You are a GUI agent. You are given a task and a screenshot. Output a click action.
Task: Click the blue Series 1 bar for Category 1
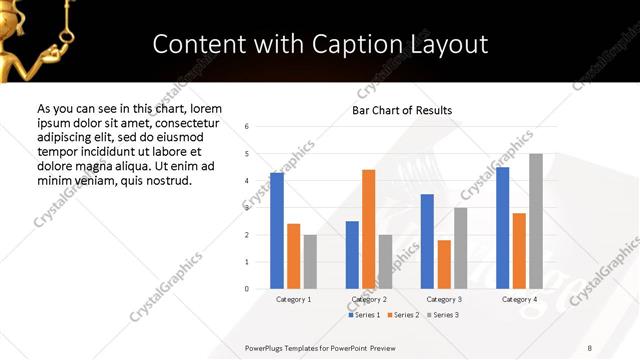click(x=277, y=231)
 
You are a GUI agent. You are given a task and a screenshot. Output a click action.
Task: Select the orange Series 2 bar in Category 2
click(x=368, y=229)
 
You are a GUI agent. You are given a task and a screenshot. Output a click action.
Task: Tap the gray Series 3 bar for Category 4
click(x=536, y=221)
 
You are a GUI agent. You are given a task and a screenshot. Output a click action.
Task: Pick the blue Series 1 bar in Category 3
click(x=427, y=241)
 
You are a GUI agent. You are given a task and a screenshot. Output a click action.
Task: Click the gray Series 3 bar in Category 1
click(x=310, y=262)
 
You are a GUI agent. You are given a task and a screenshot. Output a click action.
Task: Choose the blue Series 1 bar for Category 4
click(x=502, y=228)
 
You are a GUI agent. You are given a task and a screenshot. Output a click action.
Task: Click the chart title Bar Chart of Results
click(x=402, y=110)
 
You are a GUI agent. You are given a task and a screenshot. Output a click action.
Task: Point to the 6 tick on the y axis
click(x=246, y=127)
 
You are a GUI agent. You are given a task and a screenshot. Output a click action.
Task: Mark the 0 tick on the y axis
click(x=246, y=289)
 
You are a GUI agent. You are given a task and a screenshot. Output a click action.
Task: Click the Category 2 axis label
click(x=369, y=299)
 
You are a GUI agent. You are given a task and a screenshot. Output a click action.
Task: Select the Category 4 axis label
click(x=519, y=299)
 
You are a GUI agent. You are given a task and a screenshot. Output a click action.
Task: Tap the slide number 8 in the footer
click(x=589, y=347)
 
